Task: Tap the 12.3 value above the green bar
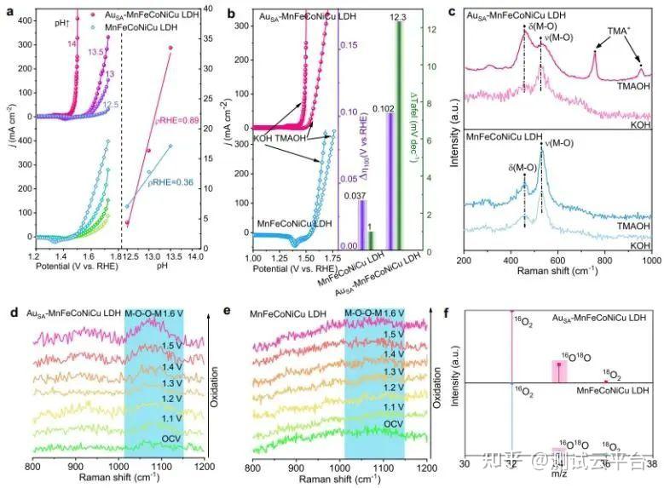pos(400,14)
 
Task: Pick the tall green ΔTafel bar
pos(399,136)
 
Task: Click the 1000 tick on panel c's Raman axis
pos(648,259)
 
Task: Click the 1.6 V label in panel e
pos(393,314)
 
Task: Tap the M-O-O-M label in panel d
pos(147,315)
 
